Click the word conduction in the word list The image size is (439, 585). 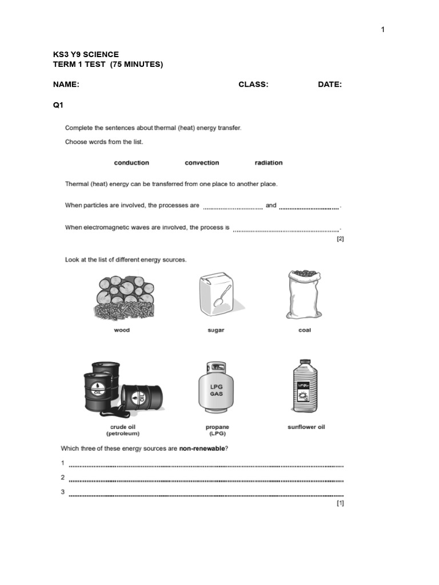pyautogui.click(x=131, y=163)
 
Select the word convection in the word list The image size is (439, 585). pyautogui.click(x=202, y=163)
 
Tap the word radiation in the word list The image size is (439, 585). pyautogui.click(x=269, y=163)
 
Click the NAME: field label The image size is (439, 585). pyautogui.click(x=66, y=85)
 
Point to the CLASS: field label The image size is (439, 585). pyautogui.click(x=253, y=85)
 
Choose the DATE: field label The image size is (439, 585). pyautogui.click(x=330, y=85)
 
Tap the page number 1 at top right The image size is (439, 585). pyautogui.click(x=383, y=30)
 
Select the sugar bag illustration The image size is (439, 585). pyautogui.click(x=215, y=296)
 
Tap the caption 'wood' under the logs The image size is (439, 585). pyautogui.click(x=122, y=330)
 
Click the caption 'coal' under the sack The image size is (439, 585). pyautogui.click(x=305, y=330)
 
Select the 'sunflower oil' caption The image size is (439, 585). pyautogui.click(x=306, y=427)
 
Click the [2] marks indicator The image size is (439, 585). pyautogui.click(x=340, y=239)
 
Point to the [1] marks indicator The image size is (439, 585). pyautogui.click(x=340, y=503)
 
